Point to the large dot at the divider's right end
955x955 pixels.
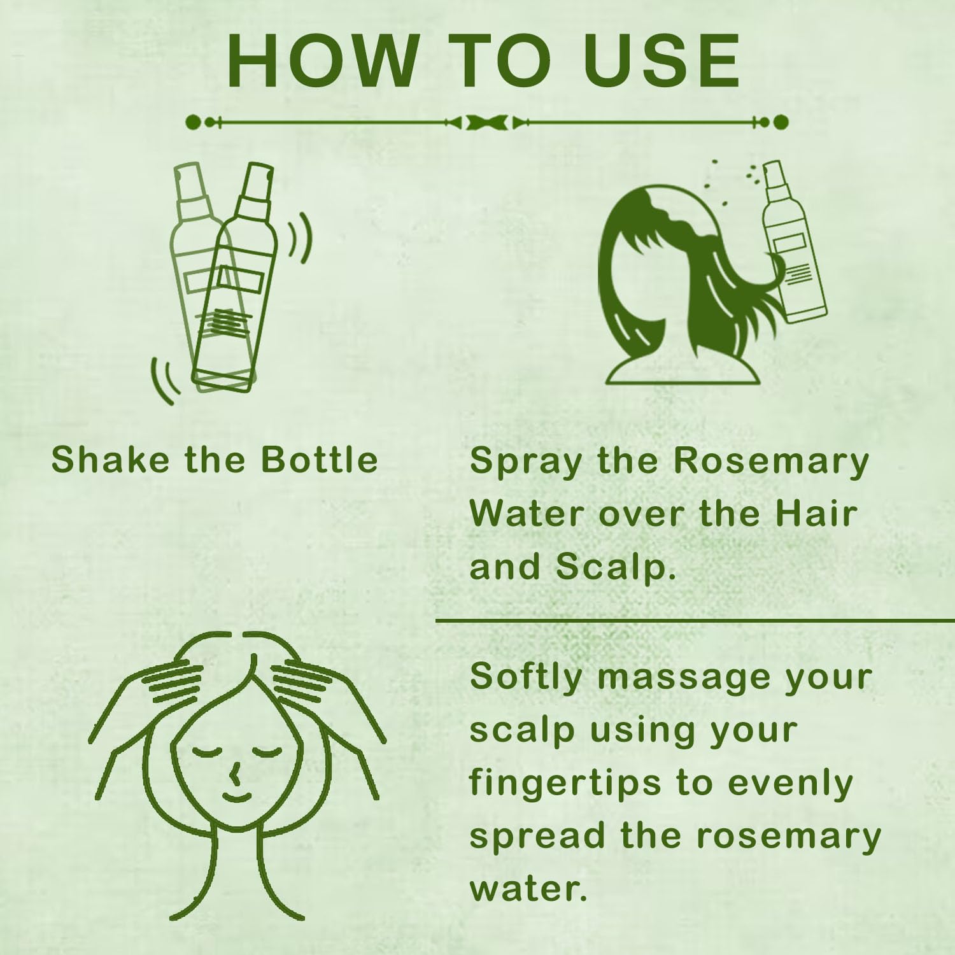click(x=781, y=122)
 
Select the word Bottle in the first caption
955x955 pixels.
click(x=320, y=459)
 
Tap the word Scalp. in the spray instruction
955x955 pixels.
click(x=615, y=566)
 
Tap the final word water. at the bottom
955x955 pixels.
click(x=528, y=889)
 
